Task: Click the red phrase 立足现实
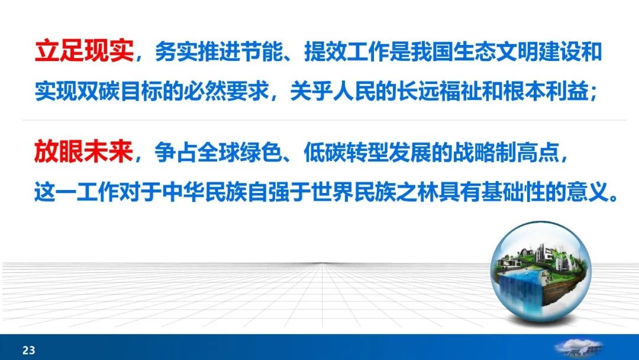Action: tap(85, 52)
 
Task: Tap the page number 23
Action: tap(29, 350)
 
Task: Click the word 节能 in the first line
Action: tap(262, 52)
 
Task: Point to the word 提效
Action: tap(325, 52)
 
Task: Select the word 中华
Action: tap(183, 191)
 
